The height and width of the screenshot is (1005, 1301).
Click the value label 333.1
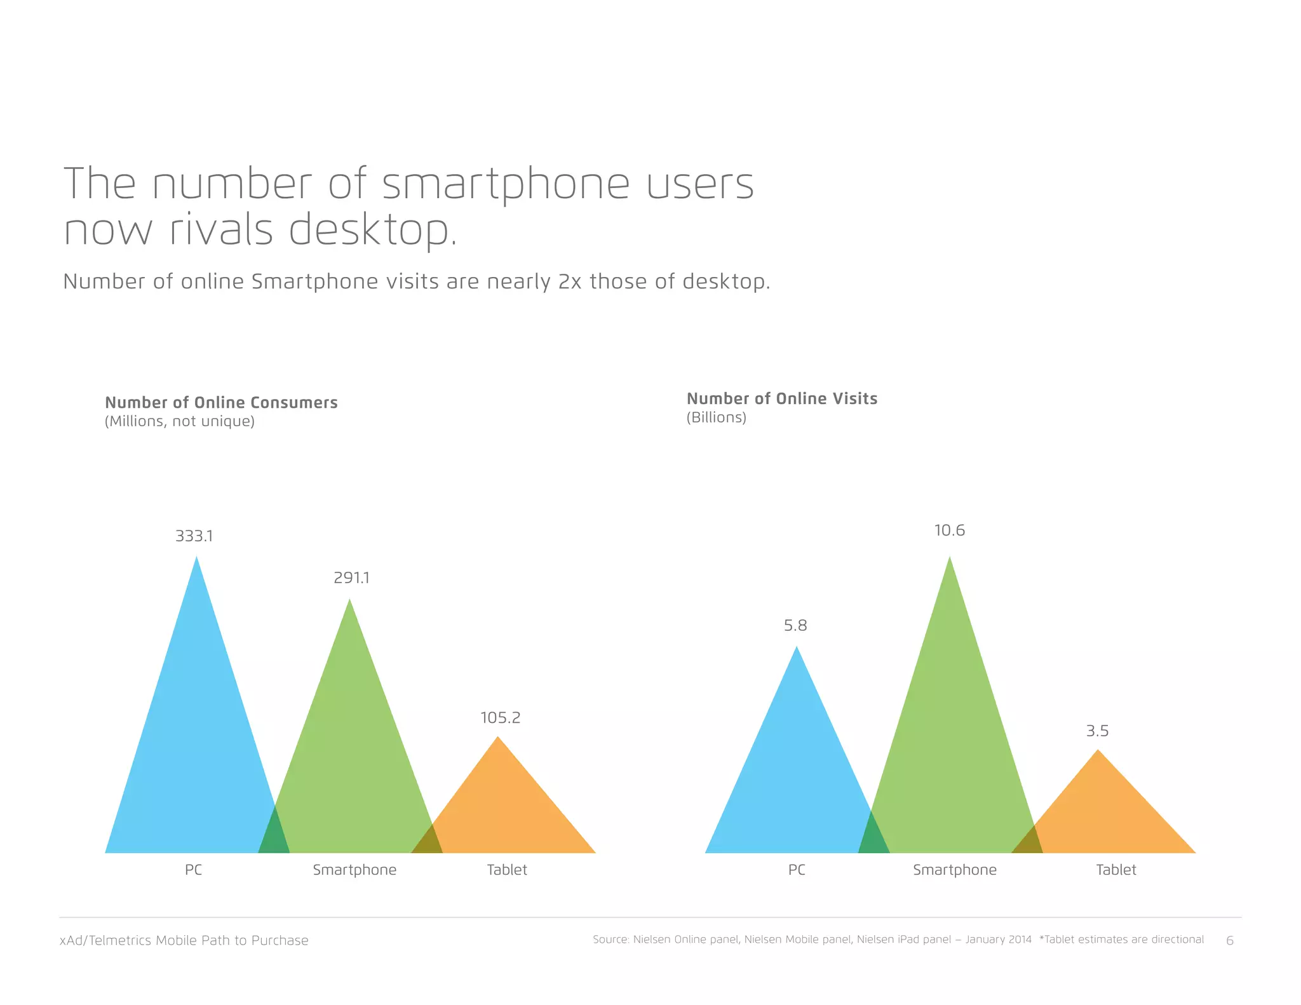194,536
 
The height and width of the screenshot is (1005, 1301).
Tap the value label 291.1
351,578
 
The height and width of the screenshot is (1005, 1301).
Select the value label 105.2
500,718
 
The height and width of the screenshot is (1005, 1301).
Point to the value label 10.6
949,530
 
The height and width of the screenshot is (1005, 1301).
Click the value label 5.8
795,626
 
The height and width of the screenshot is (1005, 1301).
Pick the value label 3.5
1097,731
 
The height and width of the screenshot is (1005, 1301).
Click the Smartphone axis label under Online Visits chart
954,870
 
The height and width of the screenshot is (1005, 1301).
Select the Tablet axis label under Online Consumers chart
506,870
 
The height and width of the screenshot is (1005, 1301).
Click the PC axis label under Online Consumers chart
193,870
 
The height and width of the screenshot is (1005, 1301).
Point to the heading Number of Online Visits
781,398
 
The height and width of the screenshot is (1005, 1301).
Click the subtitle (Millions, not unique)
180,421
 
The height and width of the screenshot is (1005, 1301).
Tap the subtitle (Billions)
716,417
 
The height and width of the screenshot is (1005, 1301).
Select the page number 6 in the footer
1229,941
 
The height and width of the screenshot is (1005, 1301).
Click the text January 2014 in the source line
998,940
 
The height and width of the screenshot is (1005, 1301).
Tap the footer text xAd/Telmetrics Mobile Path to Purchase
184,940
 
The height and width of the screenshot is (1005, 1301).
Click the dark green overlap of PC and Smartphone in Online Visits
873,839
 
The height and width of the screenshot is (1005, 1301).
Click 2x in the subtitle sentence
569,281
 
